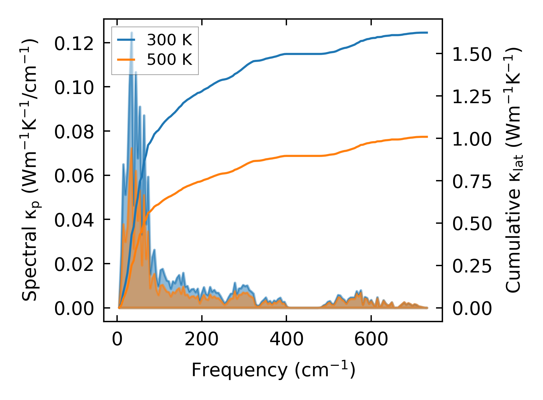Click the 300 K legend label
point(169,40)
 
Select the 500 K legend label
point(169,59)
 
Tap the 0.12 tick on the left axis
point(74,43)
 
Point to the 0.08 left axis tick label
point(74,132)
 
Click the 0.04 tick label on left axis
point(74,220)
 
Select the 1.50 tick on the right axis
point(472,54)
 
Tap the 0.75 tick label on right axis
point(472,181)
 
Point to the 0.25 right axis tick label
point(472,266)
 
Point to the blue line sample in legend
point(126,40)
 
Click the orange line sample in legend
point(126,59)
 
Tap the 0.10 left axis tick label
point(74,87)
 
